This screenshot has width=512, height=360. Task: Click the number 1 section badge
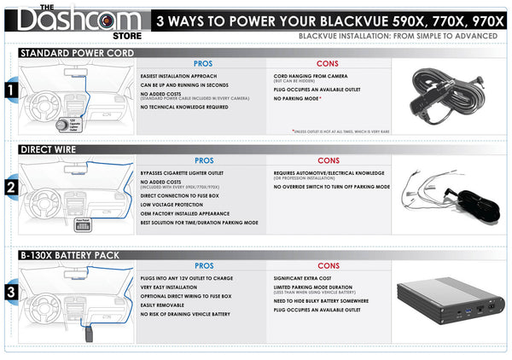9,89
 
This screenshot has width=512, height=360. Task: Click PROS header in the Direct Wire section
203,160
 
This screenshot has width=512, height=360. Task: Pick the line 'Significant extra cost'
305,278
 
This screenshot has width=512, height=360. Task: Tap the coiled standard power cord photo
453,91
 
